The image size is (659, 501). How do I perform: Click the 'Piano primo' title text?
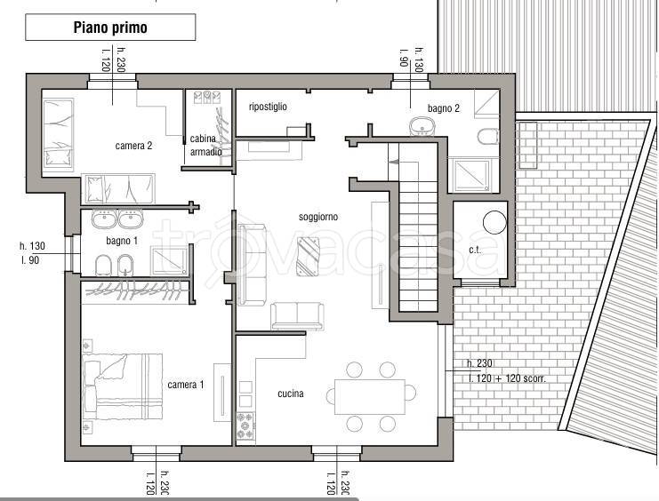[110, 28]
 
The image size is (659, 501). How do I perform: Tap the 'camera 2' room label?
[133, 146]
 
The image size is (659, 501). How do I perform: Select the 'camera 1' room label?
[185, 385]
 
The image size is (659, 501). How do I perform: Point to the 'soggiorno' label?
[318, 217]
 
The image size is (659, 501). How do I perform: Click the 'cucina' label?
[291, 394]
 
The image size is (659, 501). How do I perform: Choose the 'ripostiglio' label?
[268, 107]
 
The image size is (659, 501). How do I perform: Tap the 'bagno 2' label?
[444, 108]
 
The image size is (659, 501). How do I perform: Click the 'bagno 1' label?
[122, 241]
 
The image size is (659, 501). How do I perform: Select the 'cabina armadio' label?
[206, 145]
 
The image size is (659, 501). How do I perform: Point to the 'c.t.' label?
[475, 250]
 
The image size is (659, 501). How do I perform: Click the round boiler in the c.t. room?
[494, 222]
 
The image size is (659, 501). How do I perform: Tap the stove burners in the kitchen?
[245, 426]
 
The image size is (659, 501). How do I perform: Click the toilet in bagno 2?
[488, 137]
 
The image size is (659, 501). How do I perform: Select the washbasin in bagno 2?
[422, 126]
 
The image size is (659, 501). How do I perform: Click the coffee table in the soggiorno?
[308, 256]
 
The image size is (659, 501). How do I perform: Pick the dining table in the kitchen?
[370, 397]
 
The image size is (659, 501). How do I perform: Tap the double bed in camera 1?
[123, 386]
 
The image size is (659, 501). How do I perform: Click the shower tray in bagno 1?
[169, 261]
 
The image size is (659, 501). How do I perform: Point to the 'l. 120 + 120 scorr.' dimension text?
[507, 378]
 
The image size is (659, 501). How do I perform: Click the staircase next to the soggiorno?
[418, 227]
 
